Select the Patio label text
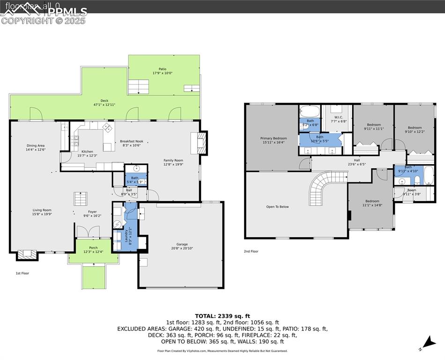[162, 69]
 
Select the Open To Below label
[277, 206]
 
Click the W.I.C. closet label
[340, 119]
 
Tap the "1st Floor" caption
[22, 273]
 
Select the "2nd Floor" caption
[251, 251]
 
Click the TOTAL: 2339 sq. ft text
[222, 316]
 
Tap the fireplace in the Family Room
[198, 142]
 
